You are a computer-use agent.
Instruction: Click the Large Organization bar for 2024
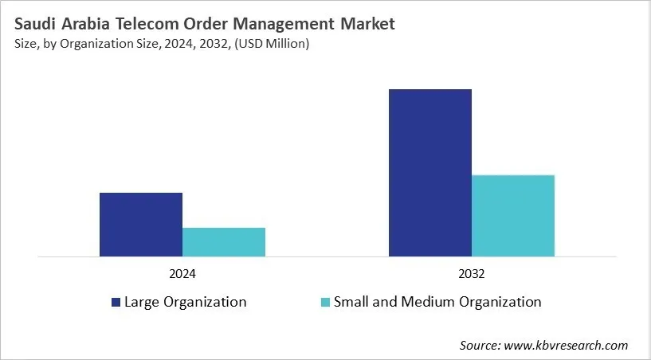pos(141,225)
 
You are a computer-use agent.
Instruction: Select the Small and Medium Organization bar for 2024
pos(224,242)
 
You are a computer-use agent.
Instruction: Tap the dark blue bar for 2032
pos(430,173)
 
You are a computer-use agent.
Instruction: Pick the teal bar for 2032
pos(513,216)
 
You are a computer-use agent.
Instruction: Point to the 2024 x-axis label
pos(182,273)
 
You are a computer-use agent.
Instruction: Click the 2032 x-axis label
pos(472,273)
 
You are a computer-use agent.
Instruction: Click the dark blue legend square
pos(116,303)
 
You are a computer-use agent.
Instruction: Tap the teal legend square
pos(325,303)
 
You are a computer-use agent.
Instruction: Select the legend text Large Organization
pos(185,303)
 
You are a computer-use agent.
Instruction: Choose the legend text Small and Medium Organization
pos(437,303)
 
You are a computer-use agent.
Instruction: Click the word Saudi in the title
pos(33,25)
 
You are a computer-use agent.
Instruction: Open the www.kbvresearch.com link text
pos(567,346)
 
